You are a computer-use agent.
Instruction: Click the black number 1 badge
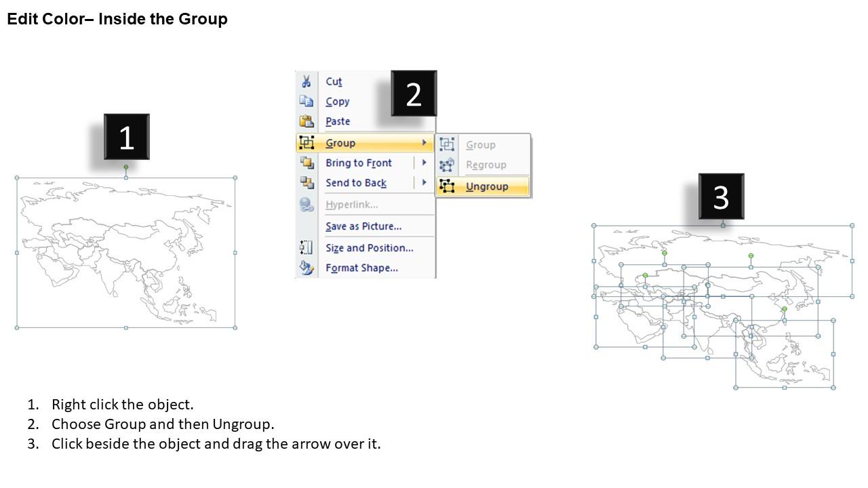click(x=126, y=138)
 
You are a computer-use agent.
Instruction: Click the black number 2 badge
click(x=414, y=94)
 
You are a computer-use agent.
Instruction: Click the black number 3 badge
click(x=721, y=197)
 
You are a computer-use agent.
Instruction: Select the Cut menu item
click(x=334, y=82)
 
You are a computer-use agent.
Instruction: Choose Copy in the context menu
click(x=337, y=102)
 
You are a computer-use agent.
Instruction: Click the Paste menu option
click(x=338, y=121)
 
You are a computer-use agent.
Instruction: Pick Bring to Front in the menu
click(x=358, y=163)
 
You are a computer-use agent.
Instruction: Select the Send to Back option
click(x=355, y=183)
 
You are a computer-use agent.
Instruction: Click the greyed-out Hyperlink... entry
click(x=351, y=205)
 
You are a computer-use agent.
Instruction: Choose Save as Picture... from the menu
click(x=363, y=226)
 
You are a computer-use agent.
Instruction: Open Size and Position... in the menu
click(x=369, y=248)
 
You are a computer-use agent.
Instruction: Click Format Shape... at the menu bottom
click(x=361, y=268)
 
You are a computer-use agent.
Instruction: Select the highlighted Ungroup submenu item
click(x=486, y=186)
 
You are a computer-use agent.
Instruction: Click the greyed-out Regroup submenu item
click(x=486, y=165)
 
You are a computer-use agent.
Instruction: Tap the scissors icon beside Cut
click(x=307, y=82)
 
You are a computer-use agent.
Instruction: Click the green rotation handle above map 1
click(x=126, y=167)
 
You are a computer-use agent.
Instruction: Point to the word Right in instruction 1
click(x=68, y=405)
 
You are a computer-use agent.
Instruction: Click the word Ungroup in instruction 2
click(x=243, y=424)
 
